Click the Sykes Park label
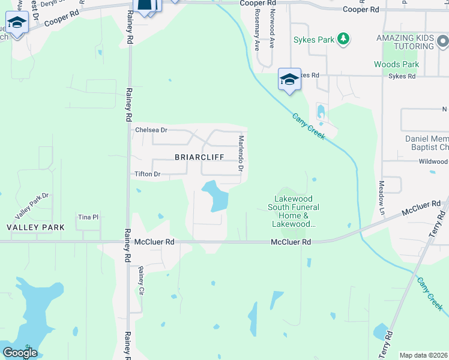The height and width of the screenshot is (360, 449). click(x=313, y=40)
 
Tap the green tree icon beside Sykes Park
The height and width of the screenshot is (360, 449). click(x=343, y=40)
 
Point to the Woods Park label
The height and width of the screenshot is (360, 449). click(x=396, y=64)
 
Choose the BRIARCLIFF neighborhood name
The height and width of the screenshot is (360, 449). click(x=199, y=157)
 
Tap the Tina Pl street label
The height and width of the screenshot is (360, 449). click(x=88, y=217)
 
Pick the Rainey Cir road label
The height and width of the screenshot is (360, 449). click(x=142, y=279)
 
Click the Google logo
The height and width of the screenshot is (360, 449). click(x=20, y=353)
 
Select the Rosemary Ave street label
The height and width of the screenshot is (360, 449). click(x=257, y=37)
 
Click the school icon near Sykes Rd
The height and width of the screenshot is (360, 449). click(x=289, y=79)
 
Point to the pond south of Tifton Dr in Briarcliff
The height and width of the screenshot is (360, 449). click(x=216, y=196)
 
